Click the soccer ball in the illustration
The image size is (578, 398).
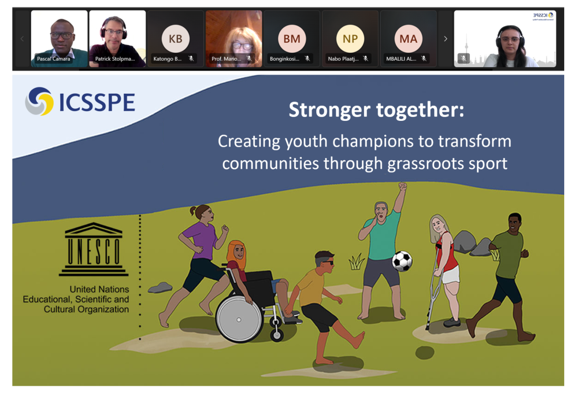click(402, 261)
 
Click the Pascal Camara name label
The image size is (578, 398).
click(53, 58)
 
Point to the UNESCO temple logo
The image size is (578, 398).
click(93, 249)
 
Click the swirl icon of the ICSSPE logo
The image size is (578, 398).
click(39, 102)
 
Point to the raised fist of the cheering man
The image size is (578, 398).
click(402, 186)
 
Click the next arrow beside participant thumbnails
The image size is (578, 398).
click(445, 39)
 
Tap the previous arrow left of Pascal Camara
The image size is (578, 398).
click(23, 39)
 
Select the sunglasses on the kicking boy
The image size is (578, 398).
click(327, 263)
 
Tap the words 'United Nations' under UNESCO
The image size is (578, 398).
click(99, 289)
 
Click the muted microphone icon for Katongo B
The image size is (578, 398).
click(191, 58)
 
